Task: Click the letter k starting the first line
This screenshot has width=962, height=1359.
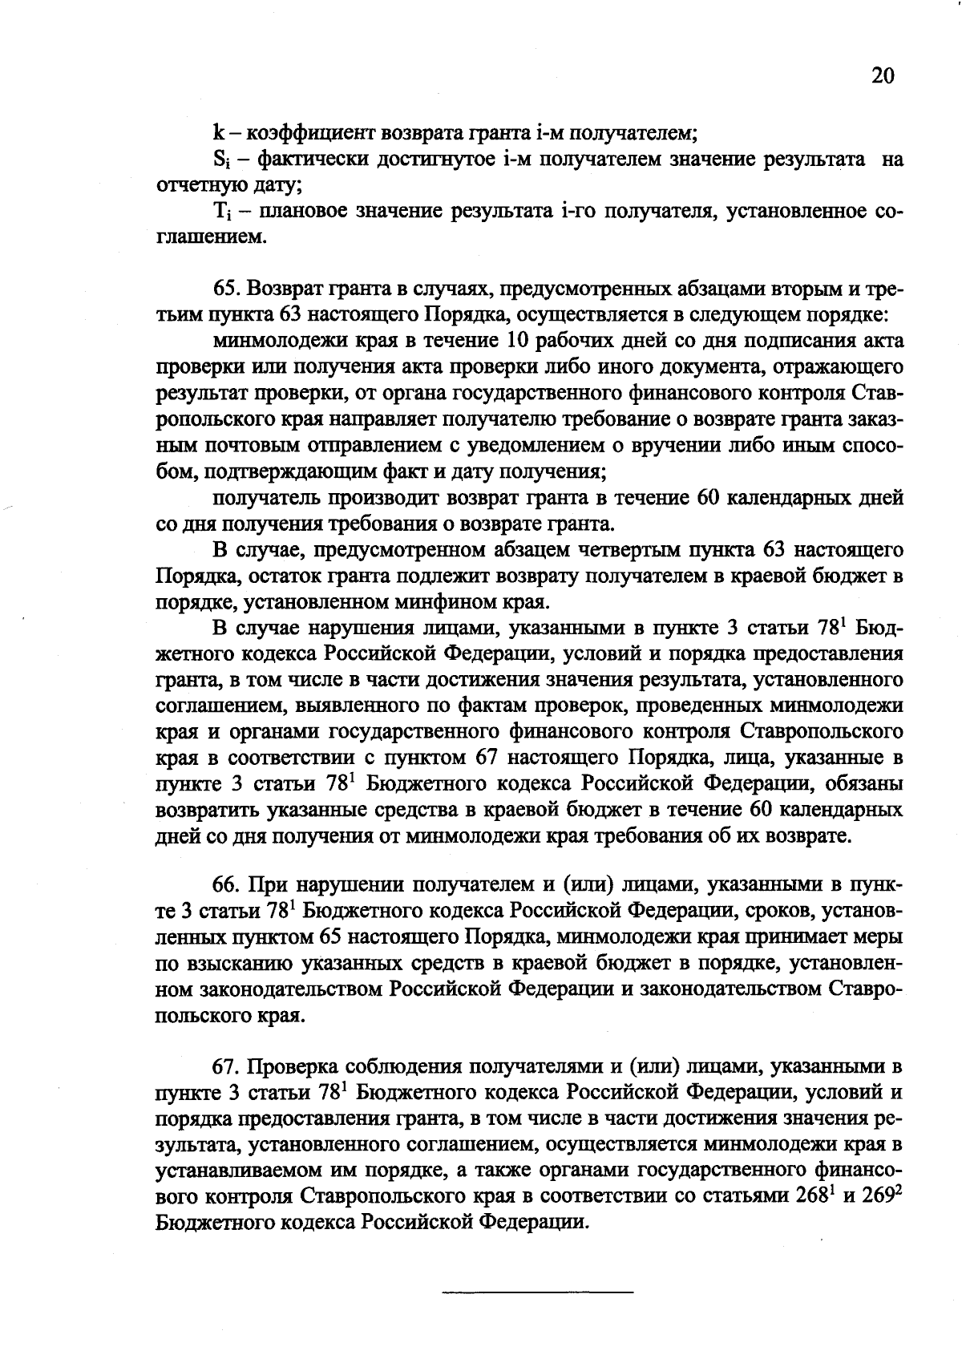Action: pos(217,132)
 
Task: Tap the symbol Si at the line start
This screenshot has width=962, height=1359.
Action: pos(220,160)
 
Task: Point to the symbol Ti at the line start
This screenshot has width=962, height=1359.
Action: pos(220,212)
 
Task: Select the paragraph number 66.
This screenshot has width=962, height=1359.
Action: pos(227,884)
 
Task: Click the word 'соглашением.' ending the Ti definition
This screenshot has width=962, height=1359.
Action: pos(208,237)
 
